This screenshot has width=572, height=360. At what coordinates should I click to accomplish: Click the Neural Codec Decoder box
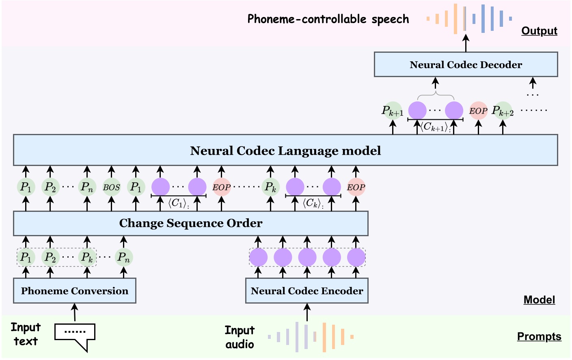tap(466, 65)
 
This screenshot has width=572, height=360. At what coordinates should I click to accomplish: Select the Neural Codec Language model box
tap(285, 151)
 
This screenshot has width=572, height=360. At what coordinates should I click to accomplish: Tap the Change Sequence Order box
tap(191, 223)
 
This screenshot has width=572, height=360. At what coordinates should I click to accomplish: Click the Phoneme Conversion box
tap(75, 291)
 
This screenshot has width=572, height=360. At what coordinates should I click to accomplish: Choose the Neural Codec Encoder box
tap(307, 291)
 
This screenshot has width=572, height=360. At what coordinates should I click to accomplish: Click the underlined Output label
tap(539, 31)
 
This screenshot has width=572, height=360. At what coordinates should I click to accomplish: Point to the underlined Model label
tap(539, 300)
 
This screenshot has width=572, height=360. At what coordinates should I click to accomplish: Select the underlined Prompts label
tap(539, 336)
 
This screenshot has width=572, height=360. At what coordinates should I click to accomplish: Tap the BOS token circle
tap(111, 187)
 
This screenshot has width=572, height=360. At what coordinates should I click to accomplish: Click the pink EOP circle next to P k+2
tap(478, 110)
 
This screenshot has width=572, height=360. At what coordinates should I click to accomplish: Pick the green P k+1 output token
tap(393, 110)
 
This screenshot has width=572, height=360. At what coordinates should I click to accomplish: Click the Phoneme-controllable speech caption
tap(328, 19)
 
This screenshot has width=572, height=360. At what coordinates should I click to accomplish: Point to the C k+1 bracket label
tap(435, 127)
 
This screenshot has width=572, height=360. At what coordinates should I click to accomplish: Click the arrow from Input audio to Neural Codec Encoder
tap(307, 313)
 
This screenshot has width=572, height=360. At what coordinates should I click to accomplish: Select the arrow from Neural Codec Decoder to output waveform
tap(466, 43)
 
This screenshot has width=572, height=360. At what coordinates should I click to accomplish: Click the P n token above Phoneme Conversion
tap(123, 257)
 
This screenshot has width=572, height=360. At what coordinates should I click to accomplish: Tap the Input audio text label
tap(240, 337)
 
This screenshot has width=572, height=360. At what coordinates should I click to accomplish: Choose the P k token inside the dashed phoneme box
tap(87, 257)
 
